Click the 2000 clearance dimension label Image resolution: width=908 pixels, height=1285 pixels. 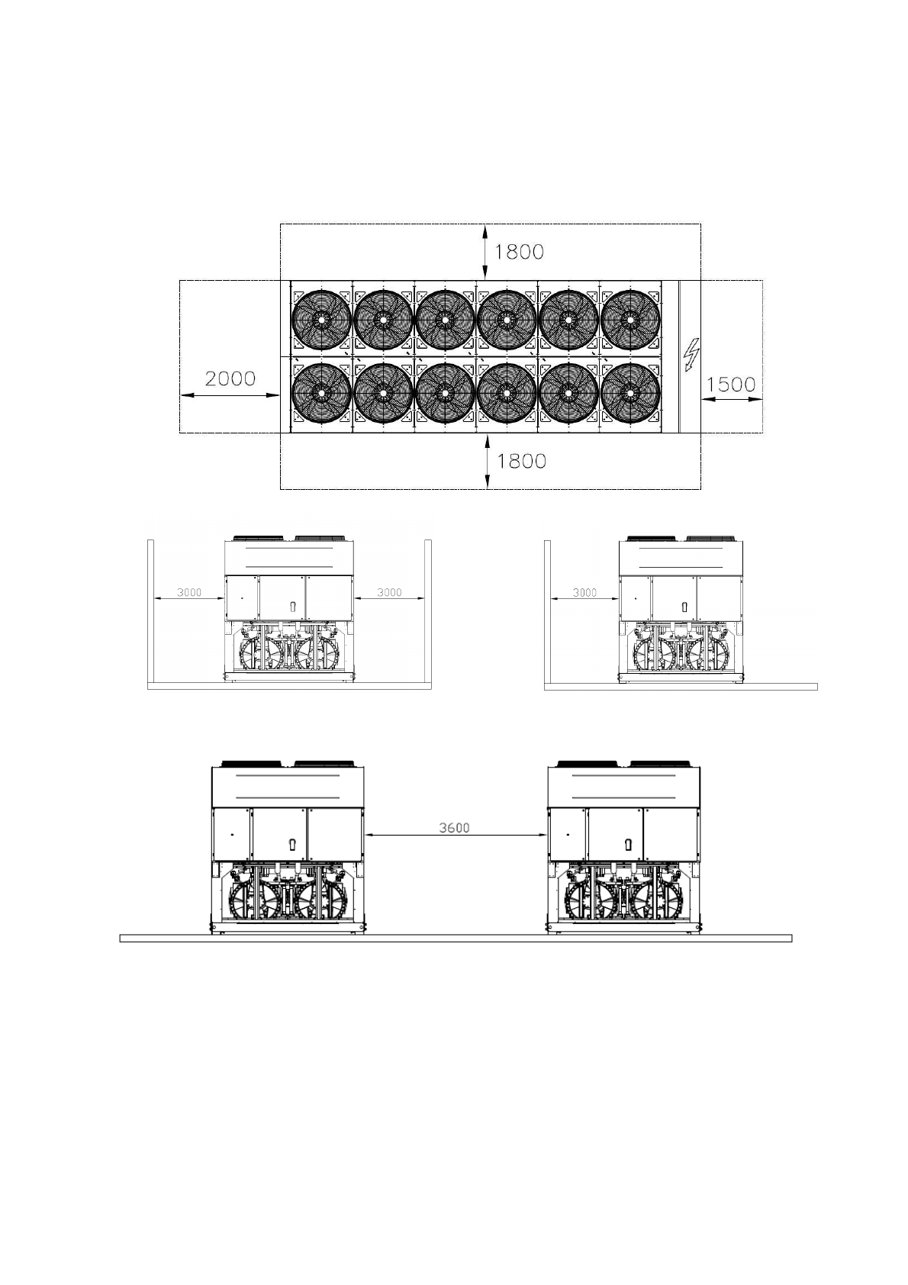[x=230, y=378]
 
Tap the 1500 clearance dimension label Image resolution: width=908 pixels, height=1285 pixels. [x=731, y=385]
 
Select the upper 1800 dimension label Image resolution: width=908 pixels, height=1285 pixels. [x=519, y=252]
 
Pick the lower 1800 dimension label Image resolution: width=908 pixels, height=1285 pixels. [x=521, y=461]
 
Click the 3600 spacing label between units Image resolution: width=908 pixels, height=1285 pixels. [x=454, y=828]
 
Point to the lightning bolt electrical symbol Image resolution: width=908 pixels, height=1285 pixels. [x=692, y=355]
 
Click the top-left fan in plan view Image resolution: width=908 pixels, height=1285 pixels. [x=321, y=320]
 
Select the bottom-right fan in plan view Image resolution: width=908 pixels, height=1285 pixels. [x=630, y=393]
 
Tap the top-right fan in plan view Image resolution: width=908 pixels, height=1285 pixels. [x=630, y=320]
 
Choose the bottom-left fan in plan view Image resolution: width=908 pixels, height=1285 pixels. [x=321, y=393]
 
